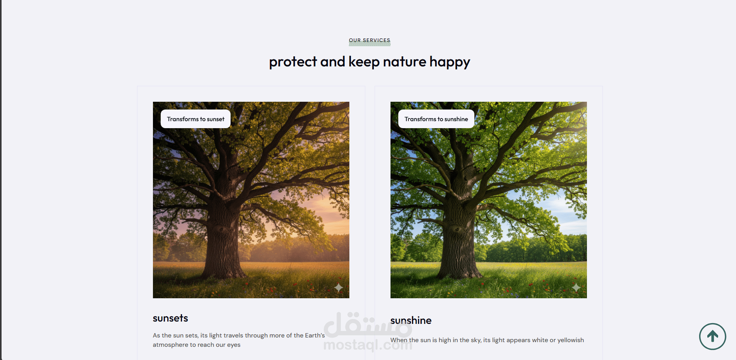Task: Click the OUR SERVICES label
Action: point(370,40)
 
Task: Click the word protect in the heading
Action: point(293,62)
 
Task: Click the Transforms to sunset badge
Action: point(196,119)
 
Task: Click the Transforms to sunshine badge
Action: point(436,119)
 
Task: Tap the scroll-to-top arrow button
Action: point(713,336)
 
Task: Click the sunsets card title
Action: point(170,318)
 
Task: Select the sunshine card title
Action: point(411,320)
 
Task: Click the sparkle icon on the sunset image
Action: point(338,287)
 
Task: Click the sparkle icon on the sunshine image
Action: point(576,287)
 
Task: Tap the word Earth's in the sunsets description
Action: point(315,335)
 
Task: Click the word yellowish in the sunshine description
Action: point(571,340)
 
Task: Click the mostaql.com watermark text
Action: point(368,344)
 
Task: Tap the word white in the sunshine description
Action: point(540,340)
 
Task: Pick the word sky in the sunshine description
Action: point(476,340)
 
